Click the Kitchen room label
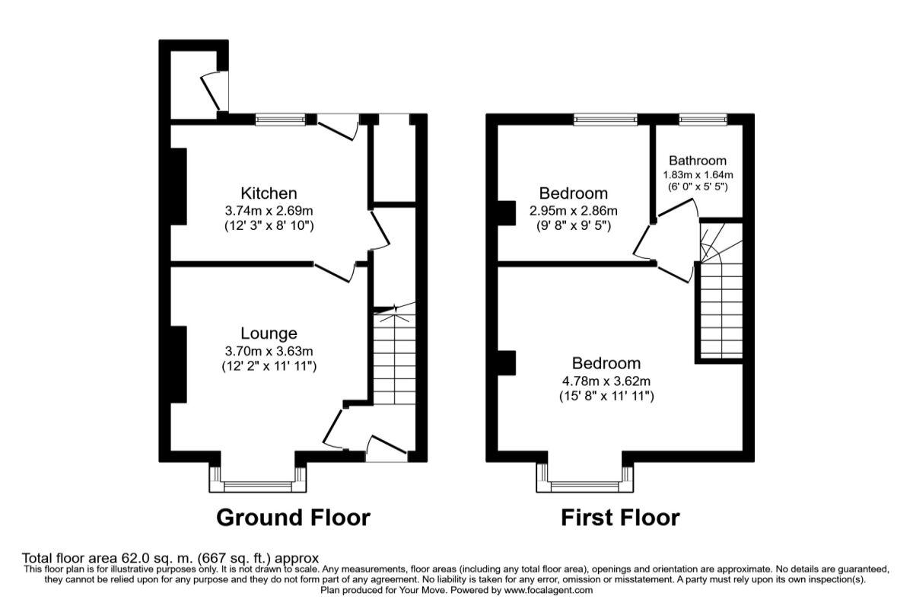269,193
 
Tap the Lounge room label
269,333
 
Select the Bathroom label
697,161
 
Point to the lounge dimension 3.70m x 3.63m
269,350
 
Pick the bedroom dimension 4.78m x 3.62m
606,381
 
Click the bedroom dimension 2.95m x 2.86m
573,210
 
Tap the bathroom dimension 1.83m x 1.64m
698,174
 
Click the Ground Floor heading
293,518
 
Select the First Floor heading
620,518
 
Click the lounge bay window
258,481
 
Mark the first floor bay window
584,481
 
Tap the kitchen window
280,119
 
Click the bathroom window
702,119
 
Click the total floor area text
170,558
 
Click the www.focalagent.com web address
548,590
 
